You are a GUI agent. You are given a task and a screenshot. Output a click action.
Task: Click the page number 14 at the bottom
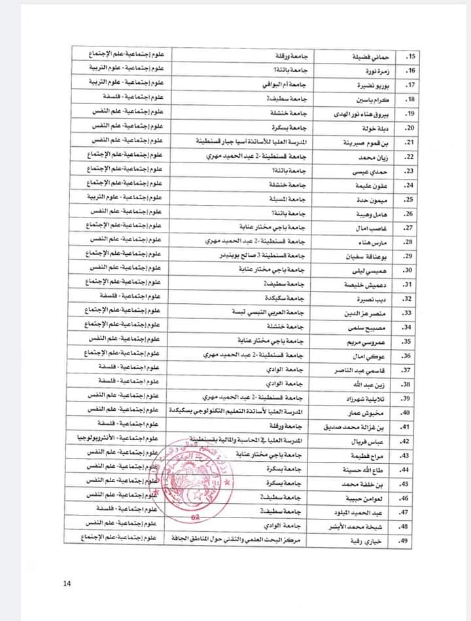pos(67,584)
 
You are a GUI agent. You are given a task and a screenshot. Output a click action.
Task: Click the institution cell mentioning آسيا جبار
pos(252,141)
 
